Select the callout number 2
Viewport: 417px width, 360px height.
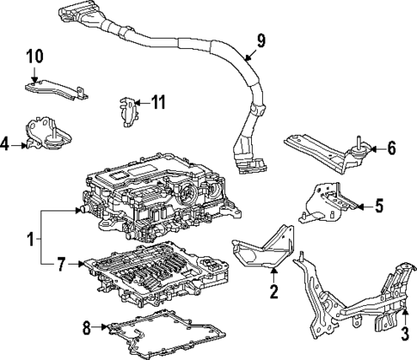point(273,292)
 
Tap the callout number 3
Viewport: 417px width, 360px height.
point(405,344)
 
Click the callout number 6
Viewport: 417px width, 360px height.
point(391,148)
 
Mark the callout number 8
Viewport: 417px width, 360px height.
point(86,326)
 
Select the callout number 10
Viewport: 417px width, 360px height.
point(34,57)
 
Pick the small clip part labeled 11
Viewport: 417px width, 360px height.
point(126,109)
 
